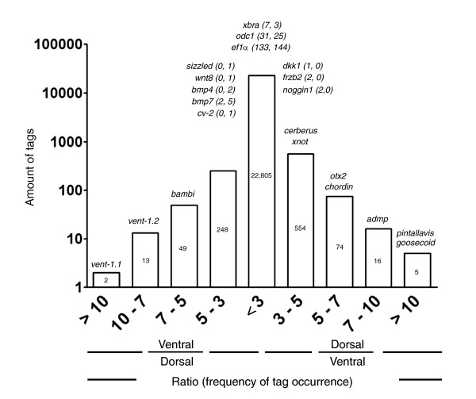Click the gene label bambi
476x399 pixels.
tap(183, 194)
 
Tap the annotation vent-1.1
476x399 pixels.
tap(106, 263)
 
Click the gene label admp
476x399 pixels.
tap(377, 218)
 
